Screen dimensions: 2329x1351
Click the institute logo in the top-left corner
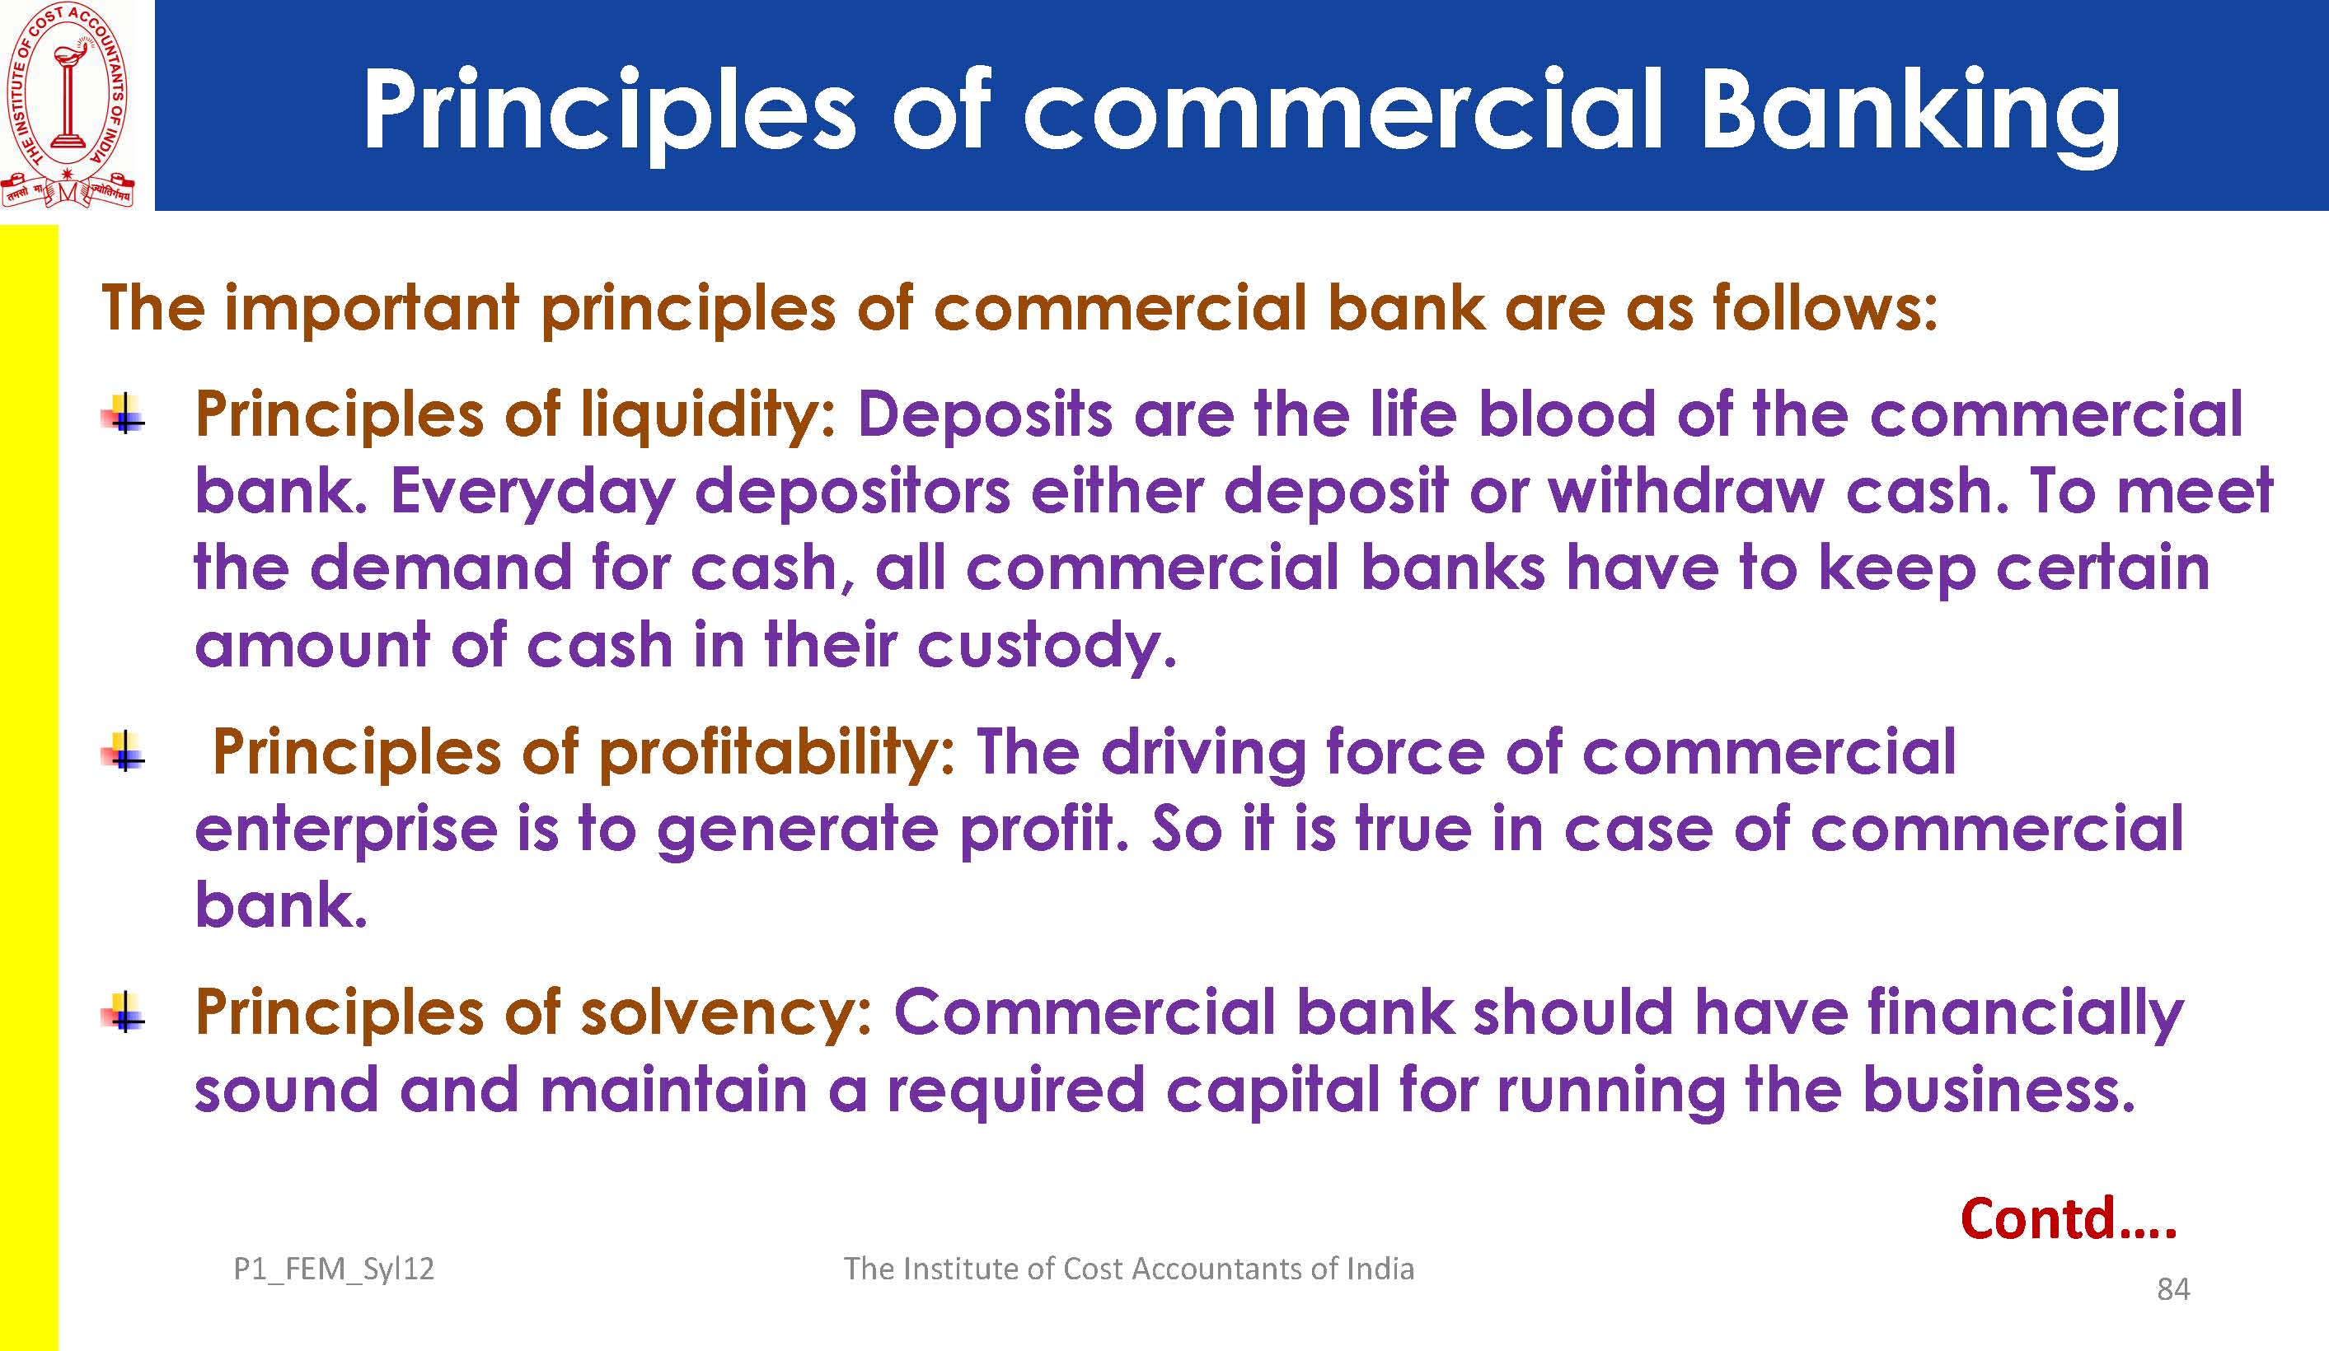click(x=68, y=105)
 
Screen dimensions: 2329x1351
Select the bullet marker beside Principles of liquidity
click(x=124, y=413)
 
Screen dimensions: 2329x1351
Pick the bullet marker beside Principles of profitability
click(x=124, y=750)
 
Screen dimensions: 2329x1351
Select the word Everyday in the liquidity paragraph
click(x=533, y=493)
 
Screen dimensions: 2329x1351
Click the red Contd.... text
click(x=2069, y=1218)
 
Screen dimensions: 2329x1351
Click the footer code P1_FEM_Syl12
click(x=334, y=1269)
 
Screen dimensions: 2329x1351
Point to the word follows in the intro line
click(x=1824, y=308)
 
